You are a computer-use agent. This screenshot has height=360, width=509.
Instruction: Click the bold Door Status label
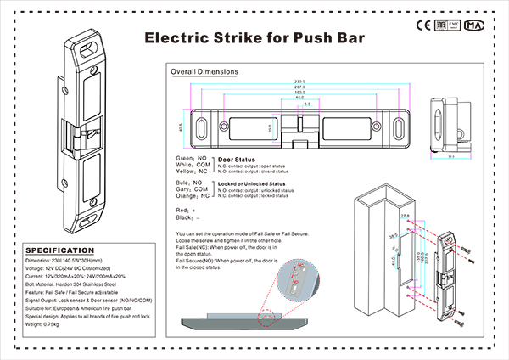[238, 159]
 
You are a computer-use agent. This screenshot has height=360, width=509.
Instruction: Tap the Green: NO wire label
[191, 159]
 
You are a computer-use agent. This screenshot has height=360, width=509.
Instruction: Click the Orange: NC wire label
[191, 197]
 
